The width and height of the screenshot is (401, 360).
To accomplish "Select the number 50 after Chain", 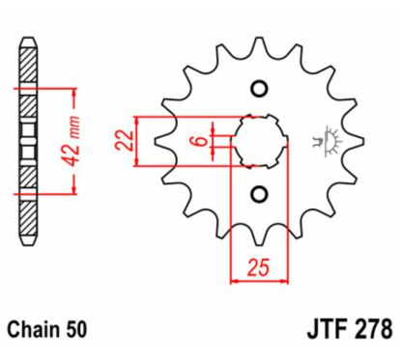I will [77, 330].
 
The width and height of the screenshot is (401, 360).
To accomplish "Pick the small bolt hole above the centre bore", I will [258, 90].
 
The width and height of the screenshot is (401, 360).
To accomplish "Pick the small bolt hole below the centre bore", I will [258, 194].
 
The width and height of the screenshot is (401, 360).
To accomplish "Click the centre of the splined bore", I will [258, 142].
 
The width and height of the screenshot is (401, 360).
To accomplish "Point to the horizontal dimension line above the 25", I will [258, 282].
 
